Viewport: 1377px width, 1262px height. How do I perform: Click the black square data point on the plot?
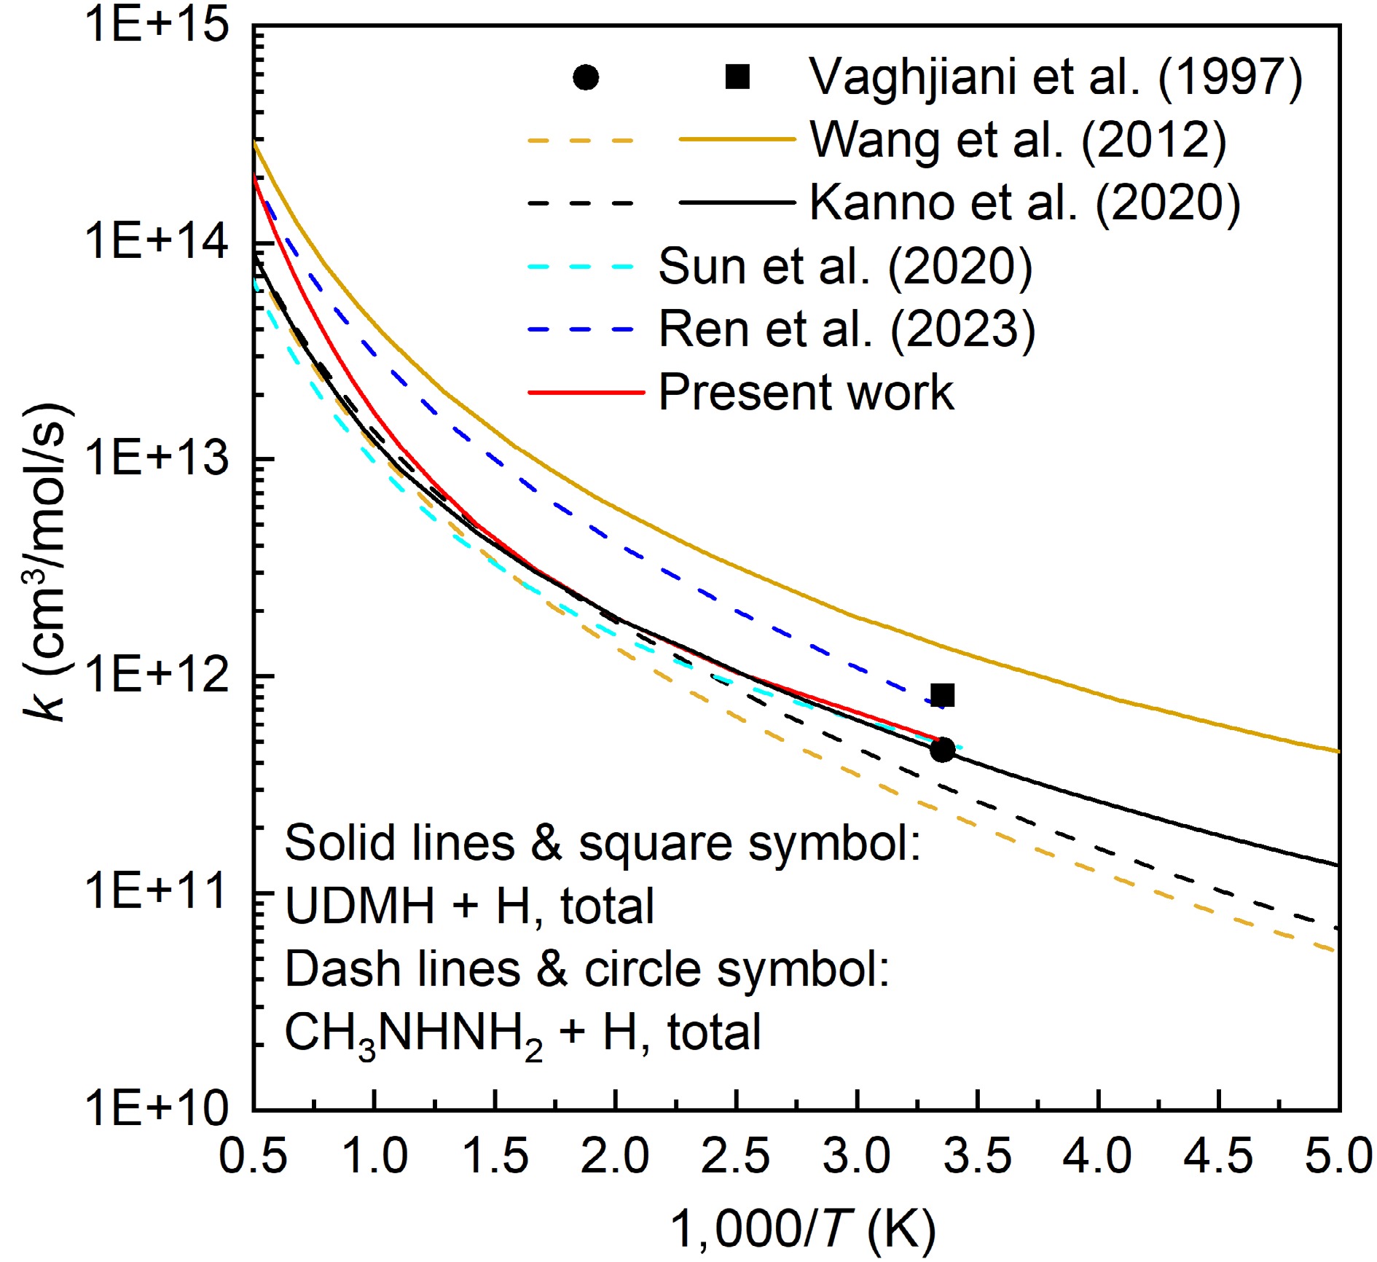click(x=943, y=694)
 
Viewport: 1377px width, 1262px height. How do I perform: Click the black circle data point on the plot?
click(x=943, y=749)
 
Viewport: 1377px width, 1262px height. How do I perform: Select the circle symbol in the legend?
click(x=586, y=77)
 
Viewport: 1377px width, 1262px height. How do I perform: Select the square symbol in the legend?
click(x=737, y=77)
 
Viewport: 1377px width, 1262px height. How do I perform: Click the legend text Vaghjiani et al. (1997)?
click(x=1056, y=77)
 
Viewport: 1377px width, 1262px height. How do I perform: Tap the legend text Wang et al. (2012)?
click(x=1018, y=139)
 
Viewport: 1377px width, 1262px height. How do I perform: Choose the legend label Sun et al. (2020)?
click(x=845, y=266)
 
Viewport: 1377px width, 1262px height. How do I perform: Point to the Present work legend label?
click(x=806, y=392)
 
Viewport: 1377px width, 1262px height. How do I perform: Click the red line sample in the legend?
click(x=586, y=392)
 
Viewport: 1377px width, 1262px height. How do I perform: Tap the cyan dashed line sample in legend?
click(x=581, y=267)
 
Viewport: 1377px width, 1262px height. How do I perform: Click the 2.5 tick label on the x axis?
click(x=735, y=1156)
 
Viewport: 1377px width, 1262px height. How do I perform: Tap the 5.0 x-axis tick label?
click(x=1338, y=1156)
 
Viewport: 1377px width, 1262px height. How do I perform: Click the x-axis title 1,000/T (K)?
click(x=802, y=1228)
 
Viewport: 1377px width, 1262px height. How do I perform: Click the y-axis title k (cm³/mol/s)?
click(x=47, y=561)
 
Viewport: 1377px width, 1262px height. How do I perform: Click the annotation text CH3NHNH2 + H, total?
click(x=522, y=1033)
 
